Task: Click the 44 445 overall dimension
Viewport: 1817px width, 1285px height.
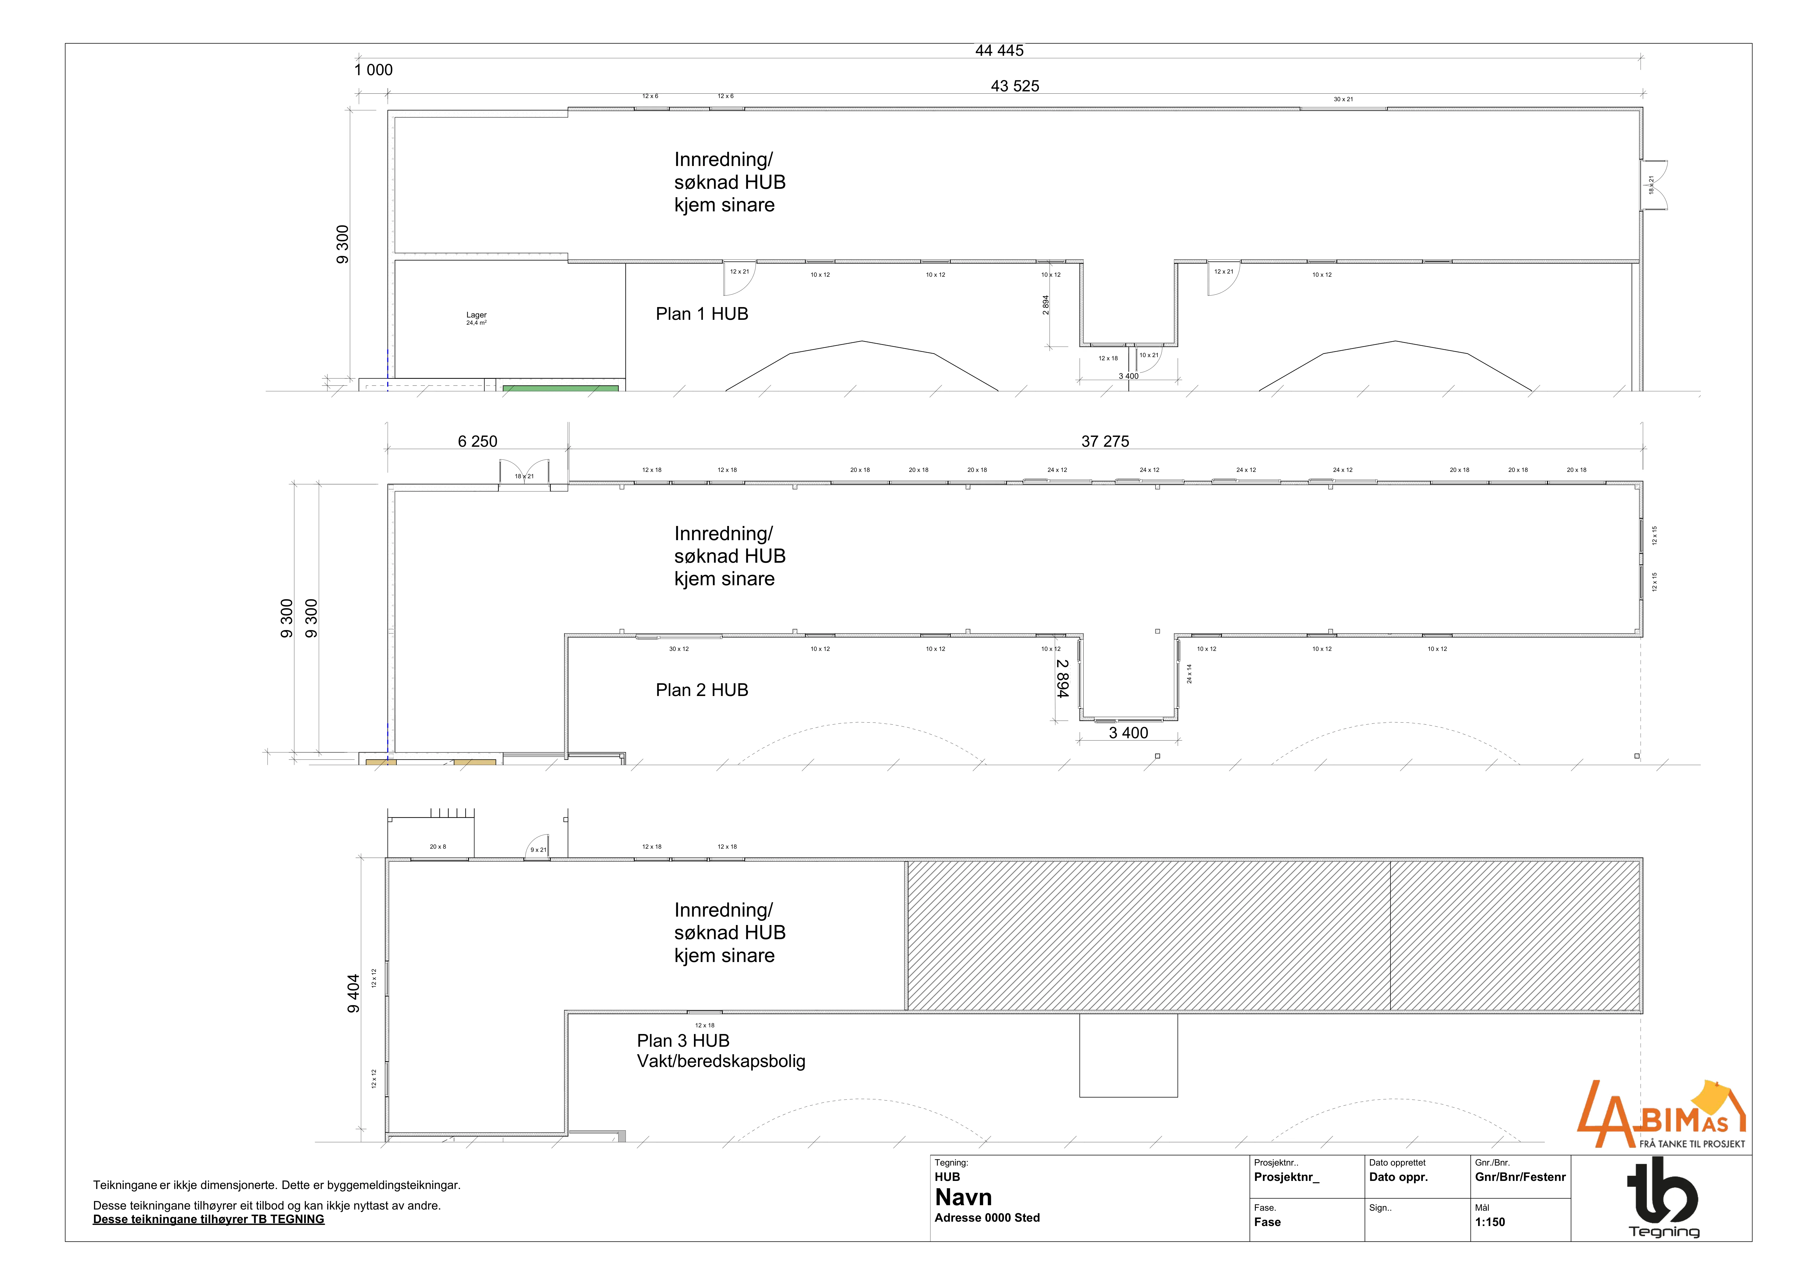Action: click(x=1000, y=51)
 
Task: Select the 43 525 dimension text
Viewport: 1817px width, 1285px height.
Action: click(x=1015, y=86)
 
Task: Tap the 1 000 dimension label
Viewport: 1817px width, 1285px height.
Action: click(x=374, y=70)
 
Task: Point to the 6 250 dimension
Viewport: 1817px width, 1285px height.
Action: click(x=478, y=442)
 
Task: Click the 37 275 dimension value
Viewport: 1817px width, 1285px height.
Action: click(x=1105, y=442)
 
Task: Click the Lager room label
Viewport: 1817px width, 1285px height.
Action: click(x=477, y=315)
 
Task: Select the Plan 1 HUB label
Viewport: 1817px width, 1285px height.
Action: click(x=702, y=314)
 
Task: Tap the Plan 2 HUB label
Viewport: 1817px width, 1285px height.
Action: click(x=702, y=690)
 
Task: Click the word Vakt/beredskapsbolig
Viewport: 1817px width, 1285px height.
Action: click(x=721, y=1061)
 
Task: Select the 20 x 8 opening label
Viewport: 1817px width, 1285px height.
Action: click(x=438, y=847)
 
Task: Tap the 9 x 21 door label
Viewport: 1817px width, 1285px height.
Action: click(x=538, y=850)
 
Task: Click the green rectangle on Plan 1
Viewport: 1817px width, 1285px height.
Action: click(x=560, y=389)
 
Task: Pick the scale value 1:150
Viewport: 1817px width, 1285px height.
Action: click(x=1490, y=1223)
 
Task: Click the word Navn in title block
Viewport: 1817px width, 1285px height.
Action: click(x=963, y=1197)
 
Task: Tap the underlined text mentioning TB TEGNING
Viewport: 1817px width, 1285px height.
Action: click(x=209, y=1219)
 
